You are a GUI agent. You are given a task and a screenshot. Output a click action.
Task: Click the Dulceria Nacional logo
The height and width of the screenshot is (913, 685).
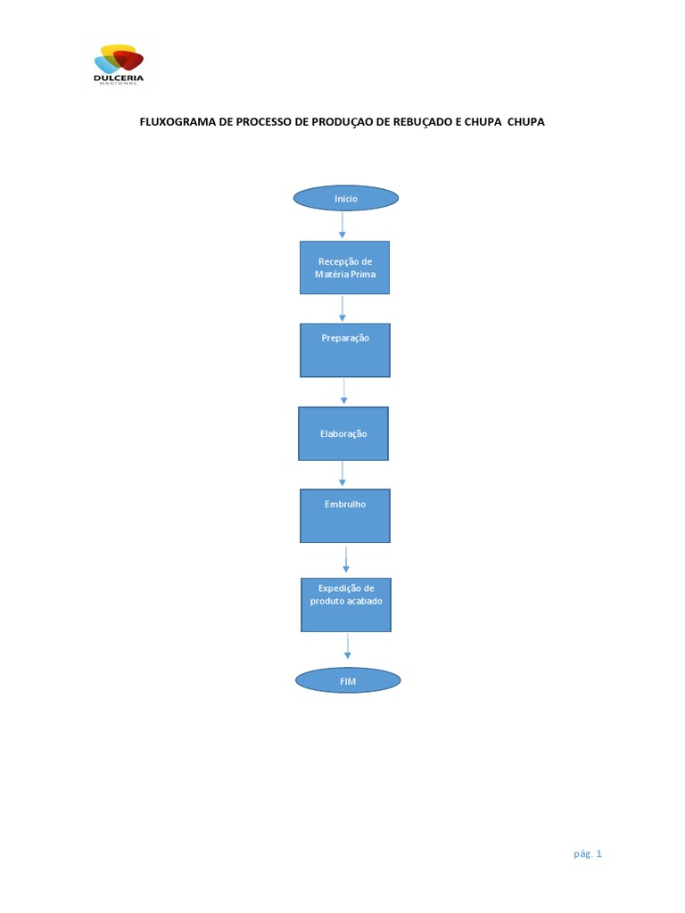[x=119, y=63]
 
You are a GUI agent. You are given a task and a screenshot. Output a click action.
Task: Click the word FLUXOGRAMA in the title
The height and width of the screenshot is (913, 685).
[x=177, y=122]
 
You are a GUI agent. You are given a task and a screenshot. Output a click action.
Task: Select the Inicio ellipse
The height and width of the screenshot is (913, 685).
[x=346, y=198]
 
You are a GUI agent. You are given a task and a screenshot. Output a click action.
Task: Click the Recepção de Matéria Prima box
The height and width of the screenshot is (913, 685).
[x=344, y=267]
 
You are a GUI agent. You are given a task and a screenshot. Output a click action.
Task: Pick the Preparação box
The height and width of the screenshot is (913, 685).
[x=345, y=350]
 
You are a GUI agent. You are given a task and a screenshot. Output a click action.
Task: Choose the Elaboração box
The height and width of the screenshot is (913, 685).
[x=343, y=434]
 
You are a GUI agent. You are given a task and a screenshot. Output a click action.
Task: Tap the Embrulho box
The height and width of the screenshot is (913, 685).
[x=345, y=515]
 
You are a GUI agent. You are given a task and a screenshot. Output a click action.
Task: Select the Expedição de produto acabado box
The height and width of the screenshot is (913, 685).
[x=345, y=605]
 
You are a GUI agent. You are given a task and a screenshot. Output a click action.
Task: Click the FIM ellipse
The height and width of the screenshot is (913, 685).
[x=348, y=681]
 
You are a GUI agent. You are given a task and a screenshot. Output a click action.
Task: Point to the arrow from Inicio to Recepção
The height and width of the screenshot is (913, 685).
[x=342, y=226]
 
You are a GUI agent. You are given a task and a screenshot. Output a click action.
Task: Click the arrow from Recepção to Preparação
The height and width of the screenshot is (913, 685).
[x=342, y=308]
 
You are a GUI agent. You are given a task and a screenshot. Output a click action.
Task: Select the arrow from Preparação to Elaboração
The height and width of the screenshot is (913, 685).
[x=344, y=391]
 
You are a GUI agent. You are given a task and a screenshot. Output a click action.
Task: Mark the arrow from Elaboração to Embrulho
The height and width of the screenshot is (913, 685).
[x=343, y=474]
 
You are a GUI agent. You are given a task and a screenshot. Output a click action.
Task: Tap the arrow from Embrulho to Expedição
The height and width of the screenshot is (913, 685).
[x=346, y=560]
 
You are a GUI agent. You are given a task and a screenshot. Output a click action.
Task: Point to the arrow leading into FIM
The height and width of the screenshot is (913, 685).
[x=347, y=649]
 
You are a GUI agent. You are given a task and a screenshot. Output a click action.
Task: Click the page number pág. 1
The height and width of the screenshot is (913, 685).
[x=588, y=853]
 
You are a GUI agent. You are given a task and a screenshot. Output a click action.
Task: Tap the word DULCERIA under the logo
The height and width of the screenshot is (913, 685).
[x=119, y=78]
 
